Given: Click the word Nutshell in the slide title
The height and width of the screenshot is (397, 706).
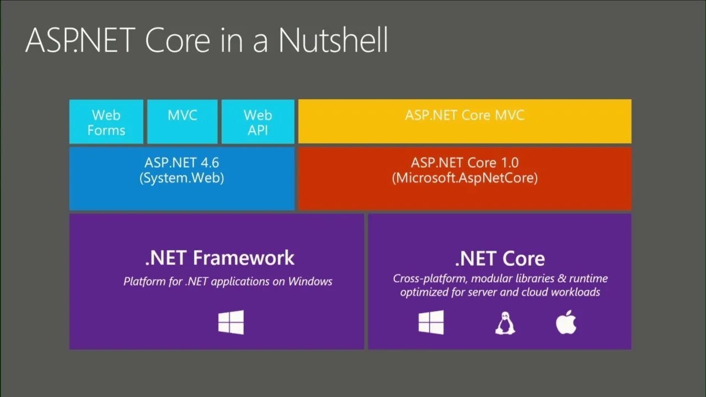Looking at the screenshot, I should [333, 40].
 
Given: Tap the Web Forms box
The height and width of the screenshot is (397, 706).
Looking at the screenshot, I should [106, 122].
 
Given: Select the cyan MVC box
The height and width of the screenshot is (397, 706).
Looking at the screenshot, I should [183, 122].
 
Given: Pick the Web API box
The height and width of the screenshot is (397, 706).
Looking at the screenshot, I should [258, 122].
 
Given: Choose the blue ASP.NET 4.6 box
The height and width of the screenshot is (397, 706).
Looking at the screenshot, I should [182, 178].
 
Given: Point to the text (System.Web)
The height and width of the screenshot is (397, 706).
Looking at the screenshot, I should [182, 179].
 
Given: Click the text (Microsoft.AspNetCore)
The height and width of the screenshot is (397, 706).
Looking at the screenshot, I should [464, 179].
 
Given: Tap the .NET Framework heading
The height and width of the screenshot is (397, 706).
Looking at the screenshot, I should [220, 258].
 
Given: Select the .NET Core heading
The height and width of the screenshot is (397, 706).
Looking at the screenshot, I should [500, 259].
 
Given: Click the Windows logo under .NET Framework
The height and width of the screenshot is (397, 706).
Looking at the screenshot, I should [231, 323].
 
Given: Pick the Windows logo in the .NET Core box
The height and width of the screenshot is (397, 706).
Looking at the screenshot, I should [431, 322].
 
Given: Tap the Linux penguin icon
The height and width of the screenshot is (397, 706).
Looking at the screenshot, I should [505, 323].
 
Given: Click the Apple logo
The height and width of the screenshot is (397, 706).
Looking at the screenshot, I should [566, 323].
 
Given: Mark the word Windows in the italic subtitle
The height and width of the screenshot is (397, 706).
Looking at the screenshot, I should [311, 281].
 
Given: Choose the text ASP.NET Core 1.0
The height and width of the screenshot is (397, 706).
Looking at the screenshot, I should [464, 163].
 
